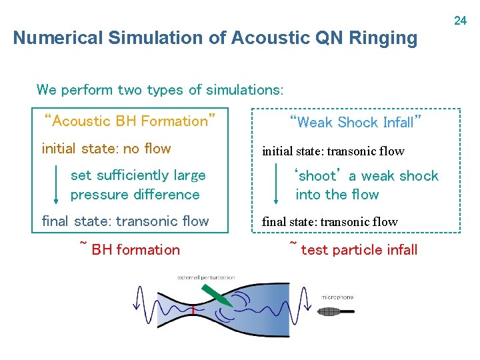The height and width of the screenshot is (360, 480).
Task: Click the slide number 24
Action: tap(460, 21)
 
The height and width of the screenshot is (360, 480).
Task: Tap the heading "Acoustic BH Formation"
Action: tap(129, 121)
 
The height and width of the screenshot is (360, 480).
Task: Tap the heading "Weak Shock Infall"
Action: tap(356, 122)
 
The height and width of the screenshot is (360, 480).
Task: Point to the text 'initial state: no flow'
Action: tap(106, 149)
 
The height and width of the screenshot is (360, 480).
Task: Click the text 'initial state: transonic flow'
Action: tap(333, 151)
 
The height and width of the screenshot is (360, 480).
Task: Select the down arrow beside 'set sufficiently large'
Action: tap(56, 185)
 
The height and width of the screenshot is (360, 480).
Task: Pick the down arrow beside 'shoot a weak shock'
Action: tap(277, 185)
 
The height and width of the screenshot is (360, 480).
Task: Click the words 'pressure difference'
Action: tap(135, 195)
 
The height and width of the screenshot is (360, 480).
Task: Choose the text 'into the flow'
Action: tap(337, 195)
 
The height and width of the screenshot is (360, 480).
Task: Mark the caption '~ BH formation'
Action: tap(130, 249)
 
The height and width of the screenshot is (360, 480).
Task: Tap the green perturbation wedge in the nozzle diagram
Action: tap(217, 295)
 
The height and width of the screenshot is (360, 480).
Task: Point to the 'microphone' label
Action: tap(337, 297)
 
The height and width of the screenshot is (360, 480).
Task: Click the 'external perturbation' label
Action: tap(206, 277)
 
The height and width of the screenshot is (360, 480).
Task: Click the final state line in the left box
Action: tap(125, 221)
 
